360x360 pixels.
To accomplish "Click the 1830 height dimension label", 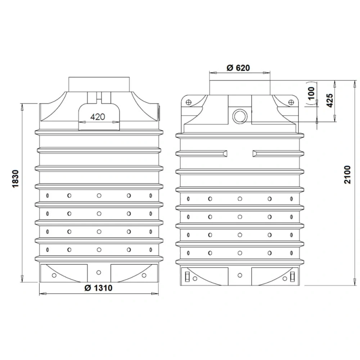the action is pyautogui.click(x=15, y=179).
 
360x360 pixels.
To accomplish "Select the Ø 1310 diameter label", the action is pyautogui.click(x=98, y=288).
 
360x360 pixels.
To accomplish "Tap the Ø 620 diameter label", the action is pyautogui.click(x=238, y=68).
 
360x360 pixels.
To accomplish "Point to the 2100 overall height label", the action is pyautogui.click(x=348, y=175).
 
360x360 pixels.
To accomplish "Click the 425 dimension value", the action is pyautogui.click(x=330, y=100).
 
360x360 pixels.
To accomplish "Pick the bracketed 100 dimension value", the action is pyautogui.click(x=311, y=93).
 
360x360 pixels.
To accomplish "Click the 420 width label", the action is pyautogui.click(x=98, y=117).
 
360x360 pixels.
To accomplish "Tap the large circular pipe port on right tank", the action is pyautogui.click(x=240, y=116).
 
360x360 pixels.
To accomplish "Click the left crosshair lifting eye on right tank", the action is pyautogui.click(x=189, y=102).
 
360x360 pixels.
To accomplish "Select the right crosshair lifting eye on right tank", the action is pyautogui.click(x=291, y=102).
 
